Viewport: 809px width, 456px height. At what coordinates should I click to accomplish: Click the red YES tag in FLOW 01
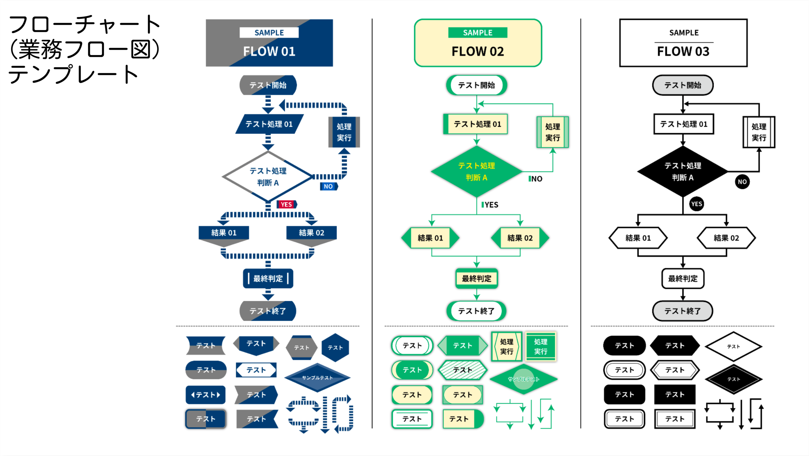point(286,204)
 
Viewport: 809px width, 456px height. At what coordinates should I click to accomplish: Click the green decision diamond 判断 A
point(476,171)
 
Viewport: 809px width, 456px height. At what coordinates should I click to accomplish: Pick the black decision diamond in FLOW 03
point(682,171)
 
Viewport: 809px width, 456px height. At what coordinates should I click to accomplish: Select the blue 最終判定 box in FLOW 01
point(268,278)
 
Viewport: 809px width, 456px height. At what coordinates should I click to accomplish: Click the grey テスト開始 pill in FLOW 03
point(682,85)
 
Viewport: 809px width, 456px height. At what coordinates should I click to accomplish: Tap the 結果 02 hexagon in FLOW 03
point(726,238)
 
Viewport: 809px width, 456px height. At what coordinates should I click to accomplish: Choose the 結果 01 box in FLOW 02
point(430,238)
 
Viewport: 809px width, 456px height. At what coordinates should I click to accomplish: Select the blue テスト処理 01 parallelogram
point(269,124)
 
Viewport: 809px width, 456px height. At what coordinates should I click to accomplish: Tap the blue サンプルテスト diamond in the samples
point(317,378)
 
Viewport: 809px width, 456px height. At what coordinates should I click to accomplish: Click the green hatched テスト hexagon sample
point(462,370)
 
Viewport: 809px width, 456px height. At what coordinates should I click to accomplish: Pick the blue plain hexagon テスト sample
point(335,347)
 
